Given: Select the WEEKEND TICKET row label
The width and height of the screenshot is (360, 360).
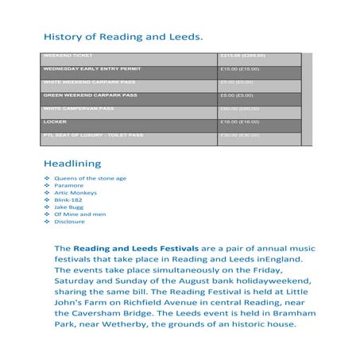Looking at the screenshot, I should point(68,56).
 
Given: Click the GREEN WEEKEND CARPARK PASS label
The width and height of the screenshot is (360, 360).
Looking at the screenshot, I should point(90,95).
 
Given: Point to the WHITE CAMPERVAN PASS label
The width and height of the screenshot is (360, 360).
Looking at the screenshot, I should point(79,108).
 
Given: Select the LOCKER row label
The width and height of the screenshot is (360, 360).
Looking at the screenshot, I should point(55,122).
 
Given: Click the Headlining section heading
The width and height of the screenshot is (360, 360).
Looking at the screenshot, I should point(72,164).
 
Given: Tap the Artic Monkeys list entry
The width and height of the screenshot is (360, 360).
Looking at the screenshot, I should point(76,193).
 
